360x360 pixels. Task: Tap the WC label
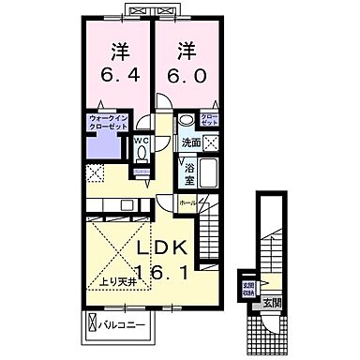coord(142,142)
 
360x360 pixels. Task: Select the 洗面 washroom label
coord(190,142)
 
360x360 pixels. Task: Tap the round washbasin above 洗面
coord(187,120)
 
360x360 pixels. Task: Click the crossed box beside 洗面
coord(213,142)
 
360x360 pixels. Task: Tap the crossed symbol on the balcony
coord(91,325)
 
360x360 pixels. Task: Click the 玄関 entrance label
coord(271,303)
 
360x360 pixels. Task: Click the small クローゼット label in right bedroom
coord(210,120)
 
